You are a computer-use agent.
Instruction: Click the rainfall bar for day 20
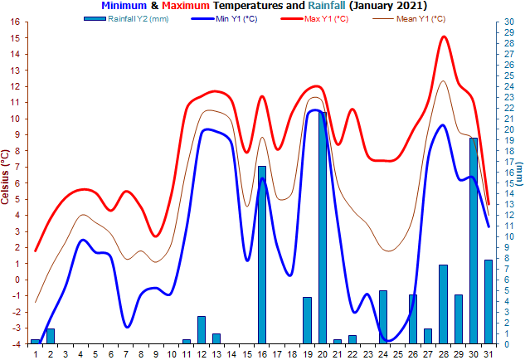tap(323, 227)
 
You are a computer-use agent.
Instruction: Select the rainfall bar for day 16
tap(262, 254)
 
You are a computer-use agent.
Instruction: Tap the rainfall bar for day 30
tap(474, 240)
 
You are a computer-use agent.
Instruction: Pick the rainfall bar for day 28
tap(444, 304)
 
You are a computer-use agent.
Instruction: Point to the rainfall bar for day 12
tap(202, 329)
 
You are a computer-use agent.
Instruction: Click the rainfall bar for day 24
tap(383, 316)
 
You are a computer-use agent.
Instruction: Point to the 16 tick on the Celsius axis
tap(15, 22)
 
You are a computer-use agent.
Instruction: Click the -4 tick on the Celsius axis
tap(15, 343)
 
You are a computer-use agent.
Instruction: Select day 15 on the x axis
tap(247, 354)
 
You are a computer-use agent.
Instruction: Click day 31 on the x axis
tap(489, 354)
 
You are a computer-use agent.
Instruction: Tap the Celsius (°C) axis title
tap(6, 182)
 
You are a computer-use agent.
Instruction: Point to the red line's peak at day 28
tap(445, 36)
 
